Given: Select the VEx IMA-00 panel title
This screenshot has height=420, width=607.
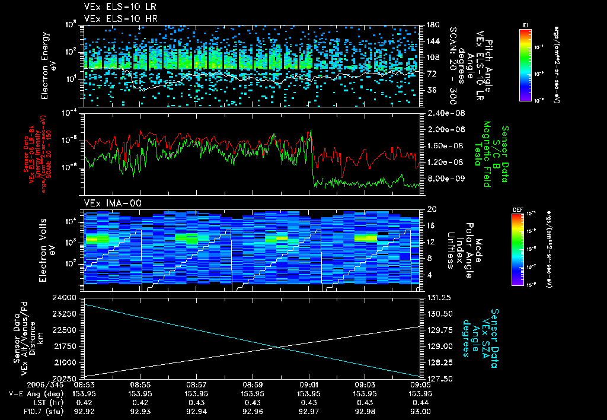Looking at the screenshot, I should click(107, 203).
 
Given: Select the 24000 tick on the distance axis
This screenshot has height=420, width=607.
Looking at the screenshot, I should click(69, 297).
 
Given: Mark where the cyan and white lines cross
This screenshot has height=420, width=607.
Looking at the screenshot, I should click(277, 348).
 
